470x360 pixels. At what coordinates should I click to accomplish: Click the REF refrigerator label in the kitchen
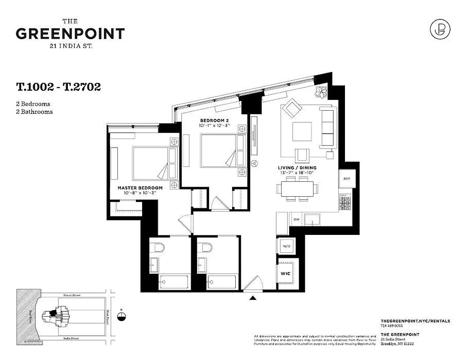pyautogui.click(x=347, y=179)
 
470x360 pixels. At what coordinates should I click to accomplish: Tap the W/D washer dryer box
pyautogui.click(x=285, y=247)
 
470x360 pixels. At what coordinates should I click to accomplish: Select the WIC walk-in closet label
pyautogui.click(x=285, y=273)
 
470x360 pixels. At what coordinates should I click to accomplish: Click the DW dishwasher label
pyautogui.click(x=296, y=219)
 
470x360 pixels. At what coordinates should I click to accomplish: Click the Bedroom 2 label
pyautogui.click(x=215, y=121)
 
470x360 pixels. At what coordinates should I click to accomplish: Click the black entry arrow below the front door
pyautogui.click(x=253, y=297)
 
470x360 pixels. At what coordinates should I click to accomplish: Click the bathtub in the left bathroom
pyautogui.click(x=175, y=282)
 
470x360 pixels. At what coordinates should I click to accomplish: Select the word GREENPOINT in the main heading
pyautogui.click(x=70, y=34)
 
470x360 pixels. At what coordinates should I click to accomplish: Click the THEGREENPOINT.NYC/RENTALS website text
pyautogui.click(x=415, y=321)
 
